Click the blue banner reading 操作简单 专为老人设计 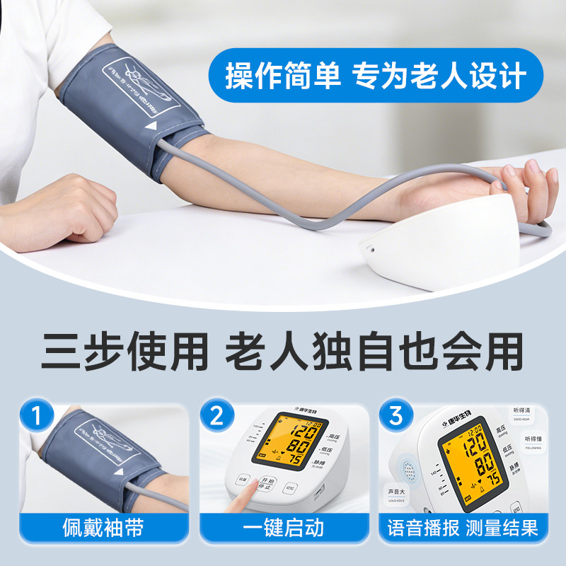[376, 76]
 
